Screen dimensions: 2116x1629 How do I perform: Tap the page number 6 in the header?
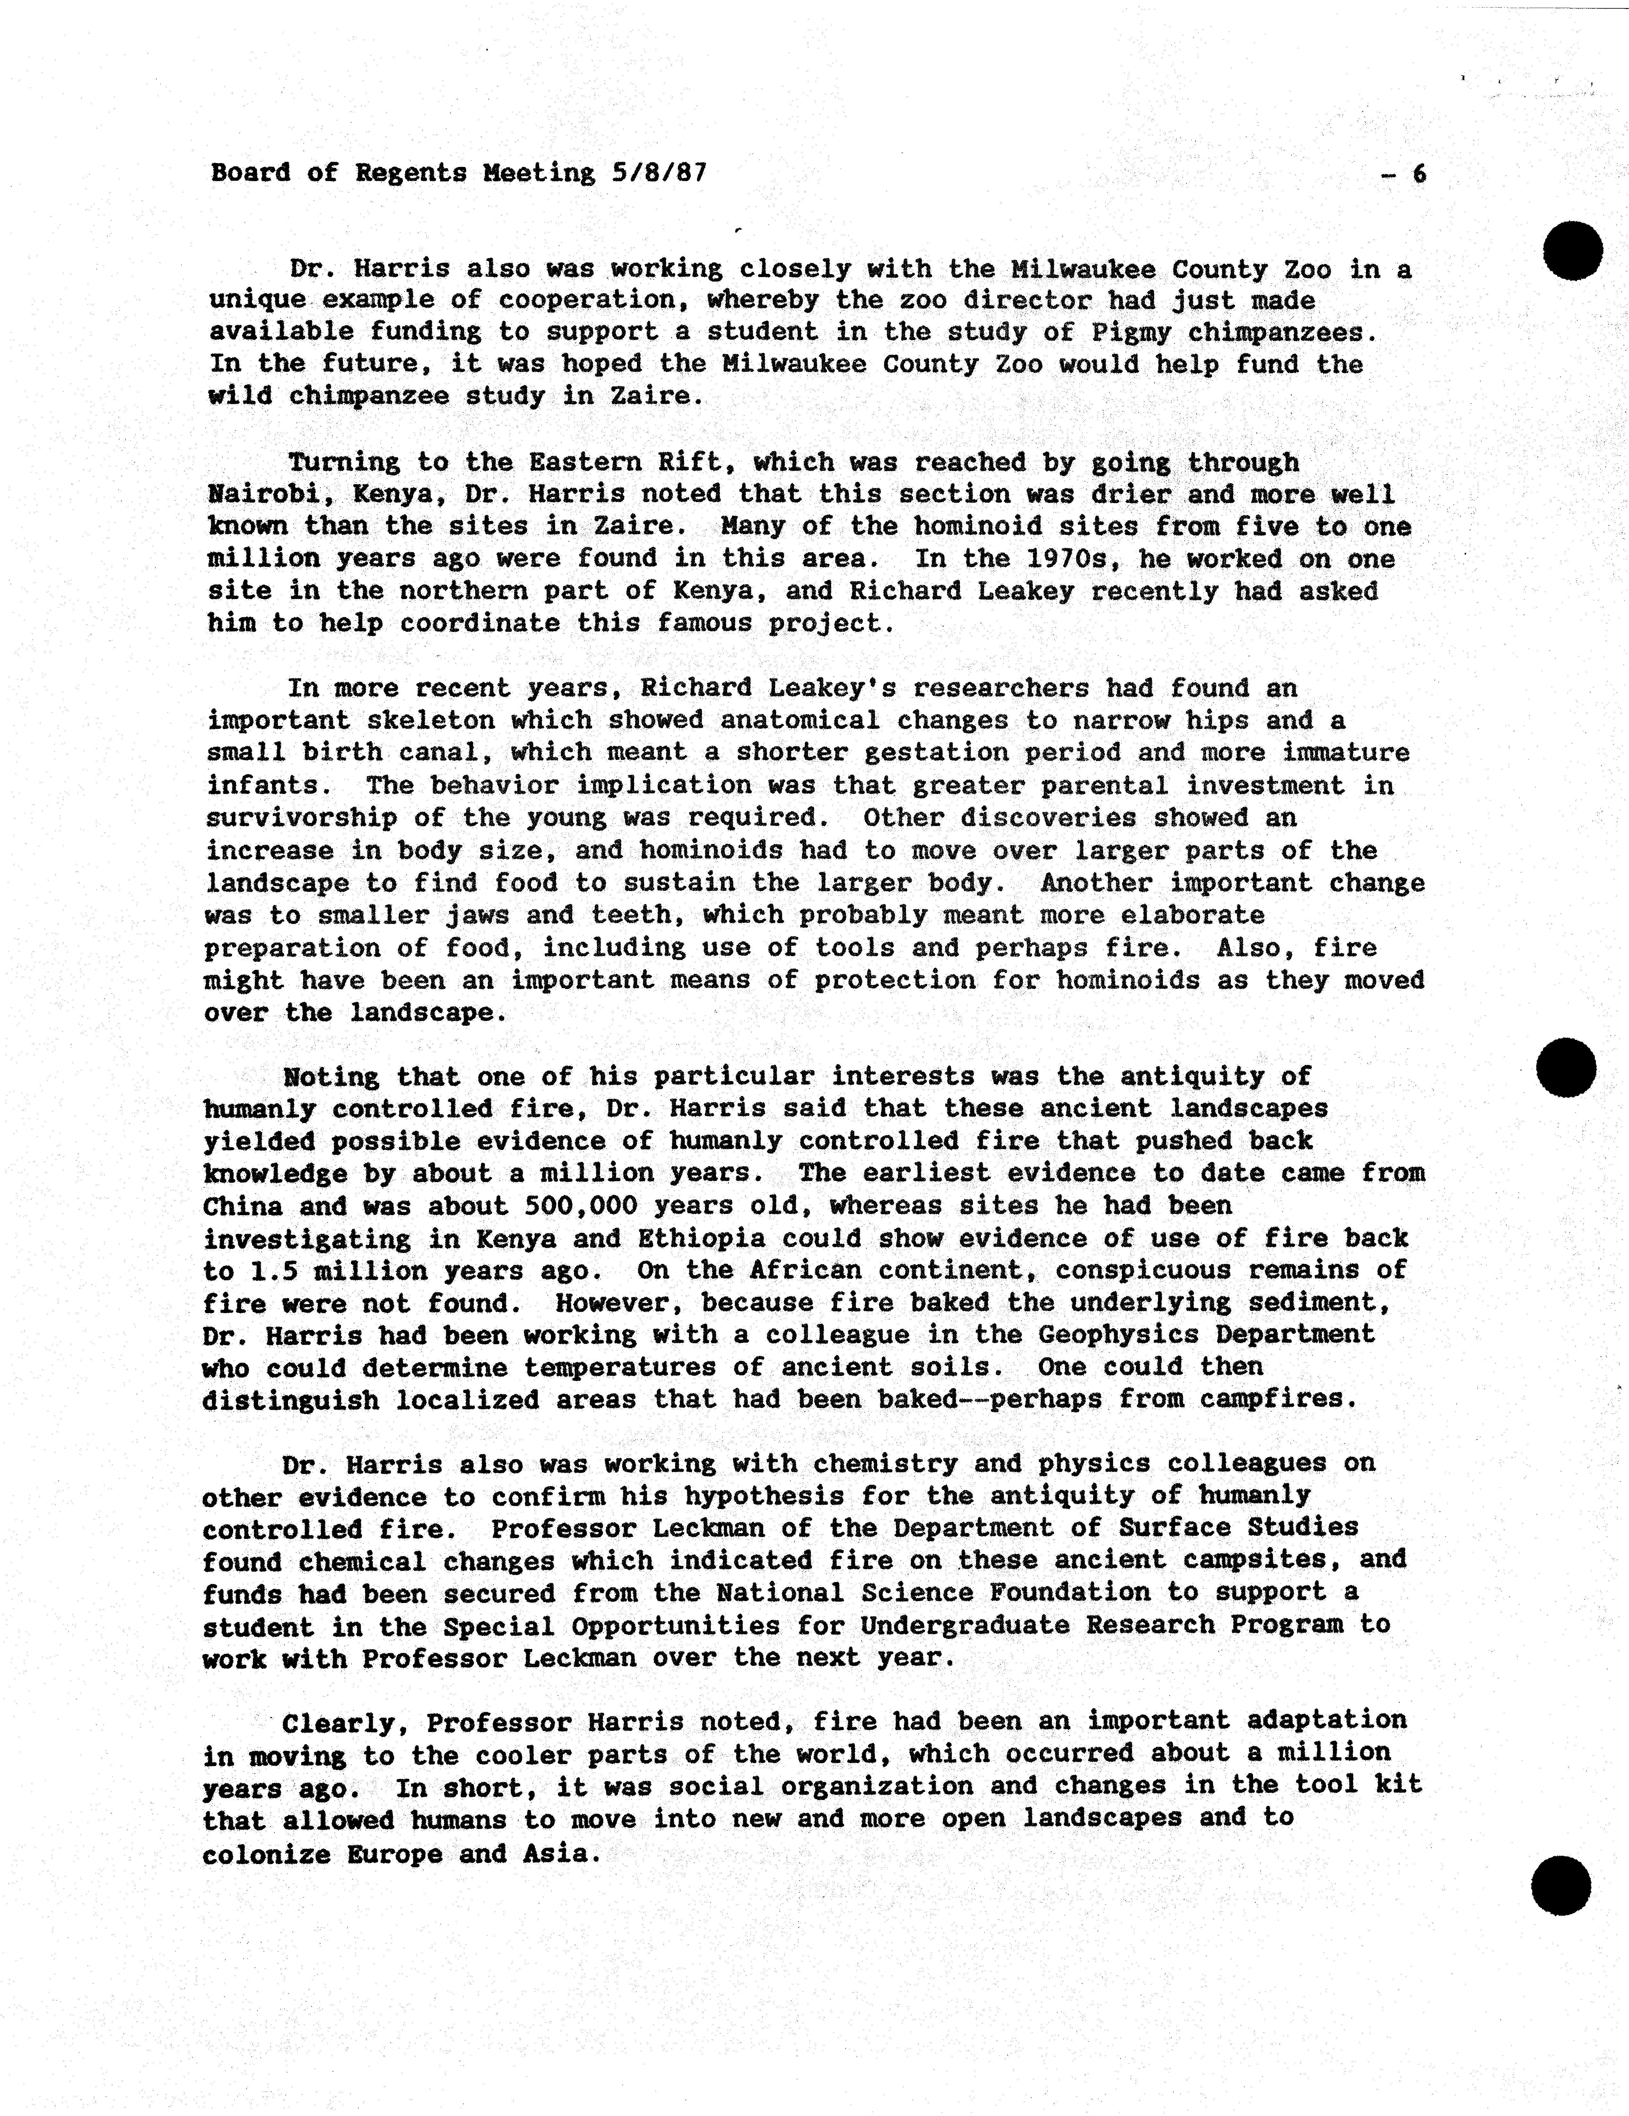(x=1419, y=173)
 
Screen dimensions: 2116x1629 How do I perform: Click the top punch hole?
(x=1573, y=251)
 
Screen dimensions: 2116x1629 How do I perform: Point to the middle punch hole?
(x=1566, y=1068)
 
